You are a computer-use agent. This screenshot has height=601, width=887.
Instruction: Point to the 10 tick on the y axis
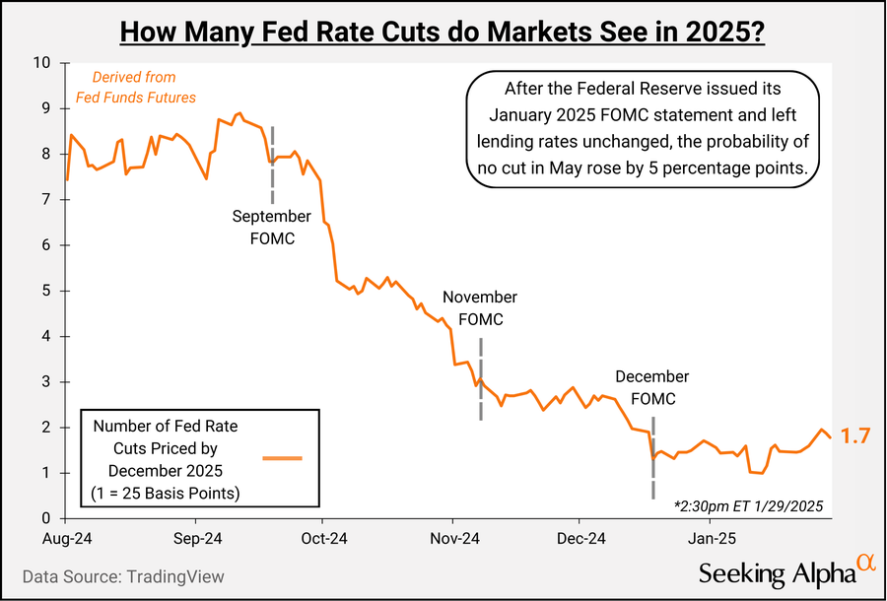pos(42,62)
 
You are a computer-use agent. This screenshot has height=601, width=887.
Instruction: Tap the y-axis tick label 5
pos(46,291)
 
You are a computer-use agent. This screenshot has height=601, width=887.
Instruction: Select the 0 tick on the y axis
pos(46,518)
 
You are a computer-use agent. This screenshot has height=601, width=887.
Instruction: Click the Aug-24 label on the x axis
pos(67,539)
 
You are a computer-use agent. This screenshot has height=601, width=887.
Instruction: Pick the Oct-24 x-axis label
pos(323,539)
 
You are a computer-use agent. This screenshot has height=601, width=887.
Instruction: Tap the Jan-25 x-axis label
pos(711,539)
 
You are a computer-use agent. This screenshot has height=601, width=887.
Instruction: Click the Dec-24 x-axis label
pos(580,539)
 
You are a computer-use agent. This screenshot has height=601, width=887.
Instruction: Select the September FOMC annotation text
pos(272,227)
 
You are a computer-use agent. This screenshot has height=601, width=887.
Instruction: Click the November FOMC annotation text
pos(480,307)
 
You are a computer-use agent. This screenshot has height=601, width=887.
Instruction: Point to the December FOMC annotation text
pos(652,388)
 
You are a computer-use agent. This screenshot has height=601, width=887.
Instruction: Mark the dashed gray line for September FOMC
pos(273,164)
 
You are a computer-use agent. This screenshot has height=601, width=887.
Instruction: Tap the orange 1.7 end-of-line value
pos(854,436)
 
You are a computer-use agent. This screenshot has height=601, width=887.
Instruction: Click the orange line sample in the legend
pos(283,458)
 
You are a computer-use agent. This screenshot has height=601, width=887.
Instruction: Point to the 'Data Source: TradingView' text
pos(123,576)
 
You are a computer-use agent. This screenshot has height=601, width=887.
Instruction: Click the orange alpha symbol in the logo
pos(864,562)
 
